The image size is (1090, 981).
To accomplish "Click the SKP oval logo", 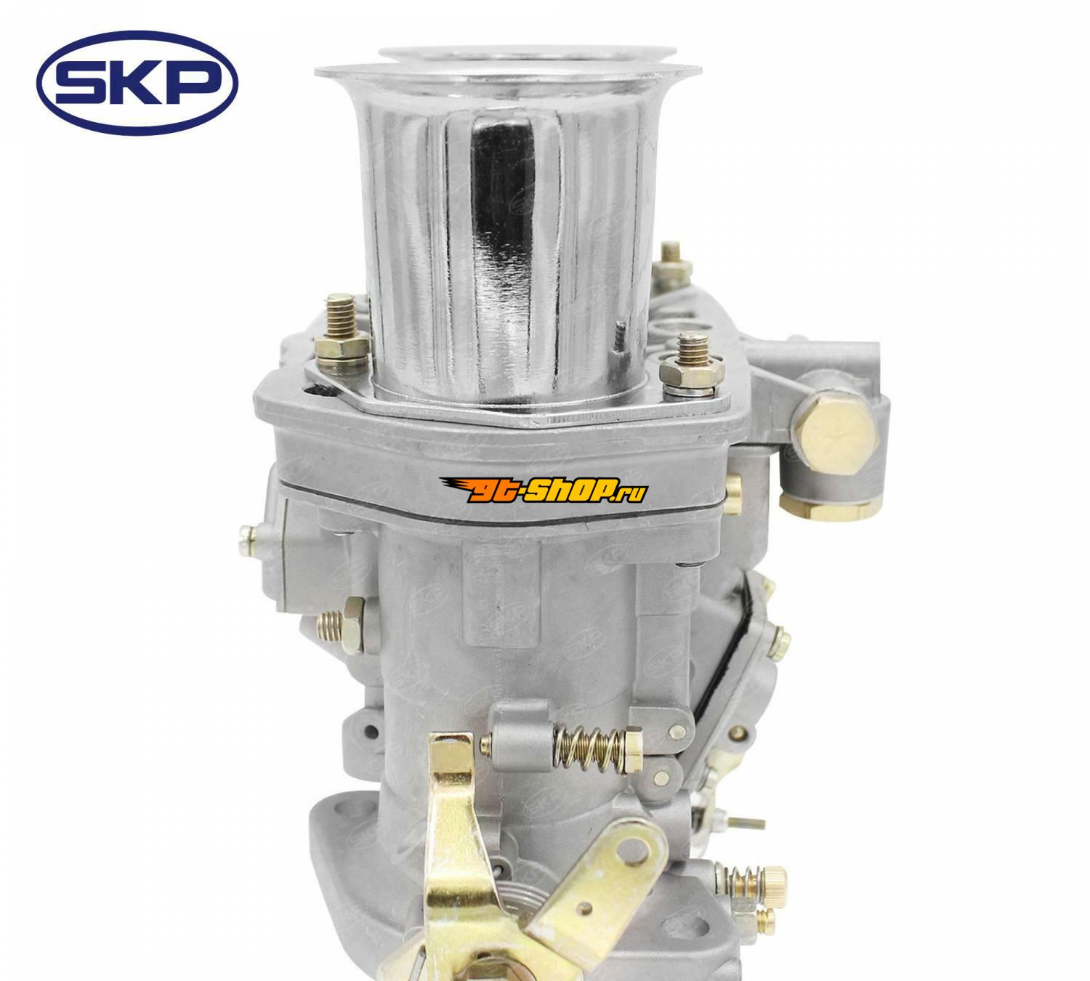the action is coord(137,84).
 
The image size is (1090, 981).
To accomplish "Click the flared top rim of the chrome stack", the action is coord(508,68).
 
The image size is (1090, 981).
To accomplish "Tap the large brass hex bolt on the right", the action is coord(835,432).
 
